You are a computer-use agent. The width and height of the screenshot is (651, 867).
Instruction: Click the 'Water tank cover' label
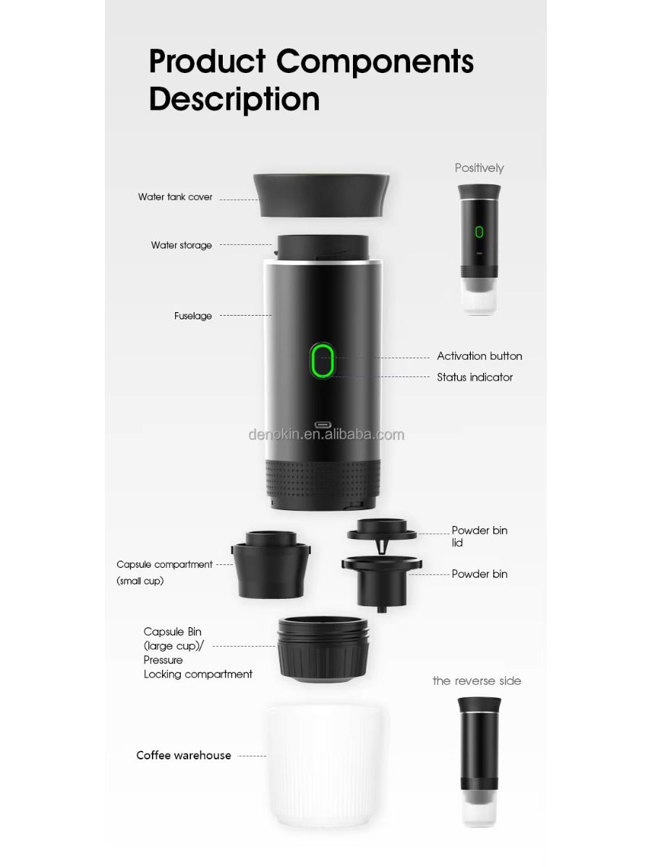coord(175,197)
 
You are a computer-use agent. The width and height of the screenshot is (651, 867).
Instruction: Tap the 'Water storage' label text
coord(182,245)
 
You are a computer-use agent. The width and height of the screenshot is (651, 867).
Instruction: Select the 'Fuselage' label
coord(193,316)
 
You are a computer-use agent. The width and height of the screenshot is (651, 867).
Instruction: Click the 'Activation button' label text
coord(479,356)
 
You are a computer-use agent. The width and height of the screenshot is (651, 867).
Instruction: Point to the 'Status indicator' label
coord(475,377)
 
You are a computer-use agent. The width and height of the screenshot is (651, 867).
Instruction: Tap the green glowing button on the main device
coord(322,360)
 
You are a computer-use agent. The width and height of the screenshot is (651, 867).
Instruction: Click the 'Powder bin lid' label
coord(479,536)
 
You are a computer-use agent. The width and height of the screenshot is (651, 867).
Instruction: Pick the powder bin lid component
coord(382,533)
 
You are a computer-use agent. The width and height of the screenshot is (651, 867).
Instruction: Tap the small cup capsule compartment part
coord(271,564)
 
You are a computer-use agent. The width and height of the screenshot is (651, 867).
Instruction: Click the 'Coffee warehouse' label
coord(184,756)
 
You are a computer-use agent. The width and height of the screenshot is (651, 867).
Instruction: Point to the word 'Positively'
coord(479,168)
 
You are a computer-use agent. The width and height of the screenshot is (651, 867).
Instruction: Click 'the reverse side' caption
coord(477,681)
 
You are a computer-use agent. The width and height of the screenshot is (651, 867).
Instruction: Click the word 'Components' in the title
coord(375,61)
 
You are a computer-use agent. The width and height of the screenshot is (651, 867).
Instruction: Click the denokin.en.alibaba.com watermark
coord(326,434)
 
